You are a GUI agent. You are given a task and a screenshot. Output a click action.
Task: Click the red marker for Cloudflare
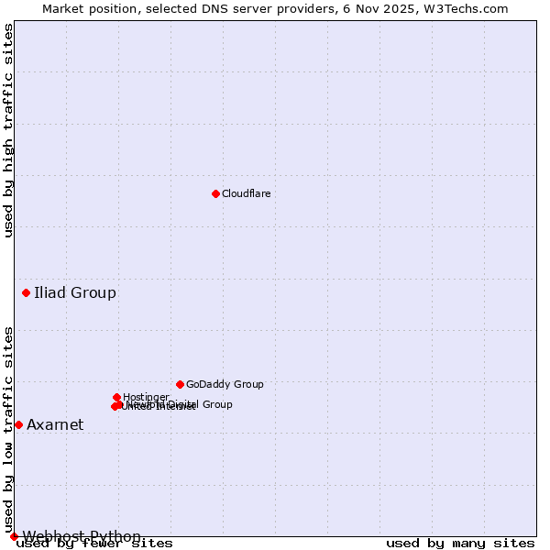215,193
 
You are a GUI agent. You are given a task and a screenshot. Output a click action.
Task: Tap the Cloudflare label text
246,194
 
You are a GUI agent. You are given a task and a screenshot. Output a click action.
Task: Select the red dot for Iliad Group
26,292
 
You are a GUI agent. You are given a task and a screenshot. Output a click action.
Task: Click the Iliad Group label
75,293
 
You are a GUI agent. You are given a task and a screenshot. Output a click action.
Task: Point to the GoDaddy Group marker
180,384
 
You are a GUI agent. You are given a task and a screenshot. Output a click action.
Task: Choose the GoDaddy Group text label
225,385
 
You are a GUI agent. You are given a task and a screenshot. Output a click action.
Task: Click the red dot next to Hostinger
117,397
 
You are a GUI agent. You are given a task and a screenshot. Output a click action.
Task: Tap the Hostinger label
146,398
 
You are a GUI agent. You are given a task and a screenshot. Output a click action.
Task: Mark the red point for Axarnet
18,424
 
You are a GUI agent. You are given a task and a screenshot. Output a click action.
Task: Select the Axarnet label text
55,425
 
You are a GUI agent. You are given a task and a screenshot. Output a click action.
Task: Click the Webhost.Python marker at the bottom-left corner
14,536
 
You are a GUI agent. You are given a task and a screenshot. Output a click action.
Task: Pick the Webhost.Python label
82,536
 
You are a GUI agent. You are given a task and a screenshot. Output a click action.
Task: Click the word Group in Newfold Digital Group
216,404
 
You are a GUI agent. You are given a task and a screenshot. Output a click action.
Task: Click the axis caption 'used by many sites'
460,544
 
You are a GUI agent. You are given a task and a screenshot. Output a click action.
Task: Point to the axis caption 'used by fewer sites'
95,544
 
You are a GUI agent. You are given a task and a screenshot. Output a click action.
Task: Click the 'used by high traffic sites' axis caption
9,130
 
